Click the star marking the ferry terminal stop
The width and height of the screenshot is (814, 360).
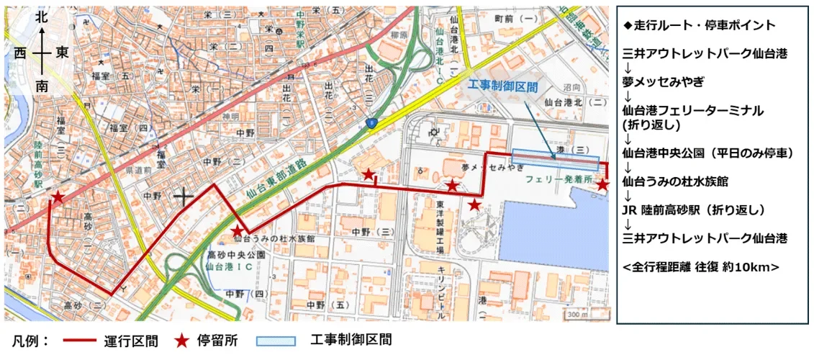pos(602,185)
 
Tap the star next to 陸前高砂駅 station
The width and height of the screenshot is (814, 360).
pos(58,197)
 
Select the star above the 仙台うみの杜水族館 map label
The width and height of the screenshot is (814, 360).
pos(237,230)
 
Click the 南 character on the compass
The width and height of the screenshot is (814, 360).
pos(42,86)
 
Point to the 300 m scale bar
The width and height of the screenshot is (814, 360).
pos(577,314)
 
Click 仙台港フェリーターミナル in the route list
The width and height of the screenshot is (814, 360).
pos(693,111)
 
